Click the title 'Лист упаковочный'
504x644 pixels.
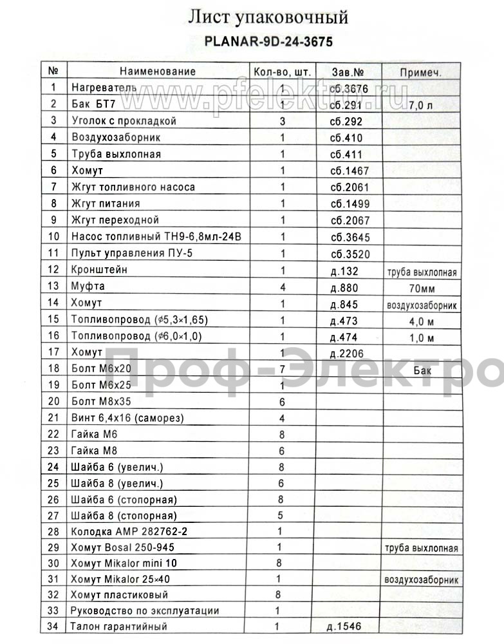point(268,17)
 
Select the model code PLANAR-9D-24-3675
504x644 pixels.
point(268,41)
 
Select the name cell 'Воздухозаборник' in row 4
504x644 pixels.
point(116,137)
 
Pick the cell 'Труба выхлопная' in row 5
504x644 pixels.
point(116,154)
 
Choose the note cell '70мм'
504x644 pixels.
point(420,287)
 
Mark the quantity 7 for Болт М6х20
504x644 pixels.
point(282,369)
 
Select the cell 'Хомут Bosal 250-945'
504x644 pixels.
point(123,548)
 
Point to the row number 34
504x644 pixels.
point(53,626)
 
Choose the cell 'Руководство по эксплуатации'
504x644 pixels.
point(145,610)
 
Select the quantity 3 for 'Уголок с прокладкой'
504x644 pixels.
point(282,121)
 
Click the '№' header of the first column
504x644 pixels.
point(53,71)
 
